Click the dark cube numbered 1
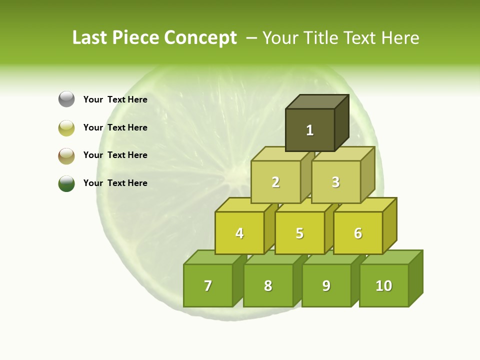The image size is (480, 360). point(310,130)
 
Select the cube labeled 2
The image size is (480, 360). point(275,182)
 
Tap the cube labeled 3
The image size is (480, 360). point(335,182)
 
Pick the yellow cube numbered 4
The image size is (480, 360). point(239,233)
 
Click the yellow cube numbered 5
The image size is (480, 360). point(299,233)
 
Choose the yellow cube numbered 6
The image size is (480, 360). point(358,233)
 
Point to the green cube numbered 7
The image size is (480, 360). point(208,285)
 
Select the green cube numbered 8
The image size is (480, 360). point(268,285)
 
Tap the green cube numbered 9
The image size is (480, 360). point(326,285)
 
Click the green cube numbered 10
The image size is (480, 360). point(384,285)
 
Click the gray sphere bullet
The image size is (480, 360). point(66,99)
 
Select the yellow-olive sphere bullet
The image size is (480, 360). point(66,127)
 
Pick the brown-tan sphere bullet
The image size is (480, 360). point(66,155)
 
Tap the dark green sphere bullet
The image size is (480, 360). point(66,183)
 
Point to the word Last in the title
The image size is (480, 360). point(90,38)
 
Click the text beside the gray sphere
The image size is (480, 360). point(115,99)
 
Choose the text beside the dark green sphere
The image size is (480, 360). point(115,183)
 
